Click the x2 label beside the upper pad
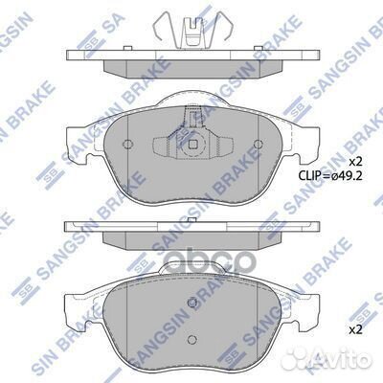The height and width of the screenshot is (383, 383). (x=353, y=159)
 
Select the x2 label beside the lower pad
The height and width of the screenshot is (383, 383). (x=353, y=330)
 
